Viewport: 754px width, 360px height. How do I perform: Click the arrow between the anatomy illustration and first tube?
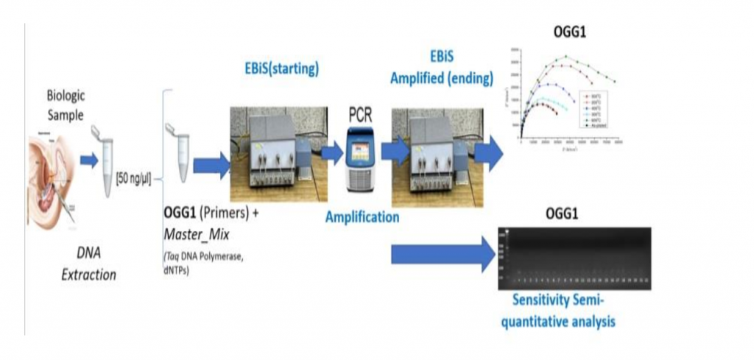click(88, 160)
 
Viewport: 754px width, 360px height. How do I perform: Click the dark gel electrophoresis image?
click(574, 258)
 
